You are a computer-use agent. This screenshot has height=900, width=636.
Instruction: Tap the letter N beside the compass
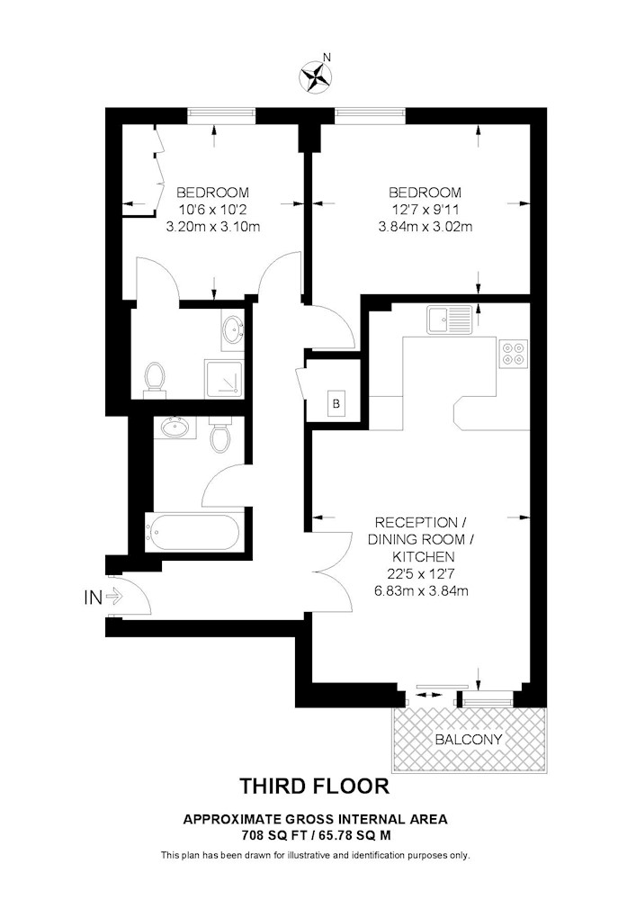coord(327,57)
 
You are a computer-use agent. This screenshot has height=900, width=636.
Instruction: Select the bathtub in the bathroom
coord(193,532)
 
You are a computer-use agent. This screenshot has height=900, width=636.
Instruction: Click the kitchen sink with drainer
coord(449,319)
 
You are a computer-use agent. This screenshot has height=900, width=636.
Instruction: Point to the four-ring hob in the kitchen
coord(514,354)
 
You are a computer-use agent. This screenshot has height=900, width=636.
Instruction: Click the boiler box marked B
coord(336,403)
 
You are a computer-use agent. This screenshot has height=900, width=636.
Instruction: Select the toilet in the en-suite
coord(154,378)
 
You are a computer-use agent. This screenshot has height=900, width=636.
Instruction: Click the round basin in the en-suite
coord(233,329)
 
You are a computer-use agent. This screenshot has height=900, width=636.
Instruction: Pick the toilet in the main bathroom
coord(220,435)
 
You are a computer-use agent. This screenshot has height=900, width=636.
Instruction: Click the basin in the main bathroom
coord(175,427)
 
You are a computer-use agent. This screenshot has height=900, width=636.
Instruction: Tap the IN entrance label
coord(93,598)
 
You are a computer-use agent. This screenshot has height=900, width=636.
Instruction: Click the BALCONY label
coord(469,739)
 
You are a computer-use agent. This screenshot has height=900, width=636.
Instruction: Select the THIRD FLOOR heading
coord(314,786)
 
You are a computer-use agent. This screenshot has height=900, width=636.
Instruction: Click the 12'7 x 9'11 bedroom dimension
coord(425,210)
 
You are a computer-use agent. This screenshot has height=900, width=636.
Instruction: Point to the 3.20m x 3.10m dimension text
coord(213,227)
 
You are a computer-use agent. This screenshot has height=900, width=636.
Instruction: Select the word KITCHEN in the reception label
coord(423,556)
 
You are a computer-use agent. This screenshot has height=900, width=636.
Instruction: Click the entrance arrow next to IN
coord(115,597)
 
